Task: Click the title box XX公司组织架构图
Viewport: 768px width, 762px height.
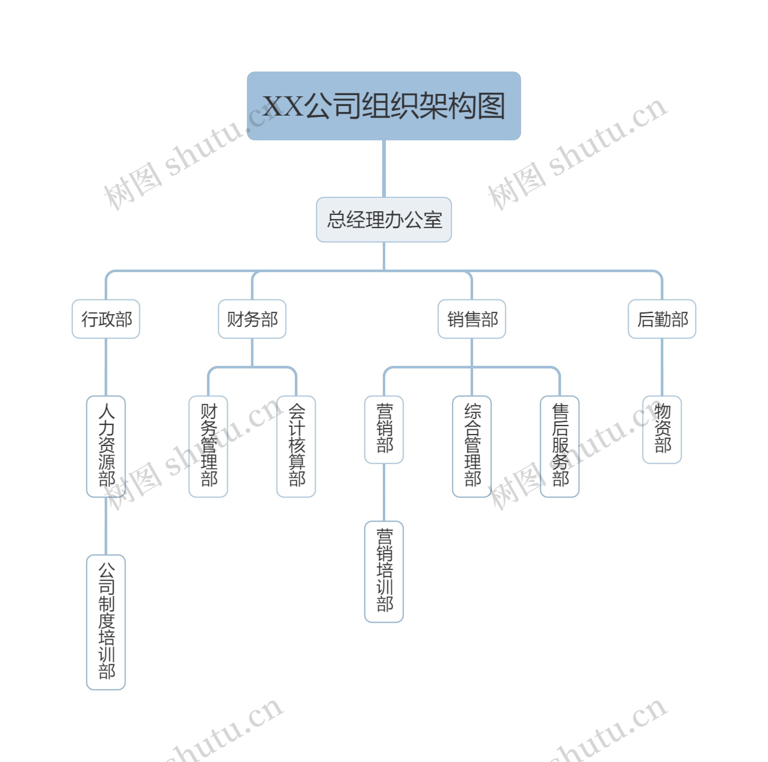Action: (384, 106)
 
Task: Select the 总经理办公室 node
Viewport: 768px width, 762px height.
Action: (384, 219)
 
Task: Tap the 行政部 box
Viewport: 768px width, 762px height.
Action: (106, 319)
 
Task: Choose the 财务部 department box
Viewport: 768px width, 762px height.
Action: (252, 319)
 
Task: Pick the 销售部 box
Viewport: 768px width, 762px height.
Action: (472, 319)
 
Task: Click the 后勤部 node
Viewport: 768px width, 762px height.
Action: (662, 319)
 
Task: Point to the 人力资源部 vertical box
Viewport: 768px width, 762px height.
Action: (106, 446)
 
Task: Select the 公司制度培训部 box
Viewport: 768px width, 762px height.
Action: (106, 622)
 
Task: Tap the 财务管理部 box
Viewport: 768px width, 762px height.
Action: (208, 446)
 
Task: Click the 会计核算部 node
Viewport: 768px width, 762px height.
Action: (296, 446)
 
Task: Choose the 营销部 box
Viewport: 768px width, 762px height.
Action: (384, 429)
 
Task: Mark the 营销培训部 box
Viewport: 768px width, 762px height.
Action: (384, 571)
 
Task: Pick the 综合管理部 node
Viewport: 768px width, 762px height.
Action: (472, 446)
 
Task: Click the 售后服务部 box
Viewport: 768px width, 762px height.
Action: (560, 446)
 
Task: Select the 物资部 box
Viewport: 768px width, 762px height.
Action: (662, 429)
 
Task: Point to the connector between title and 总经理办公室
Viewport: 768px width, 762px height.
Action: (384, 169)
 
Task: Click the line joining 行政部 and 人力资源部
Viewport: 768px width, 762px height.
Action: (106, 367)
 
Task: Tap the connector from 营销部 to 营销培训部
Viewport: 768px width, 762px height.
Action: (384, 492)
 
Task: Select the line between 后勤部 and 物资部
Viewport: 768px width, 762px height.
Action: (662, 367)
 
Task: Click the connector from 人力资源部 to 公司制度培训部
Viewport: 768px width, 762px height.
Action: (106, 526)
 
